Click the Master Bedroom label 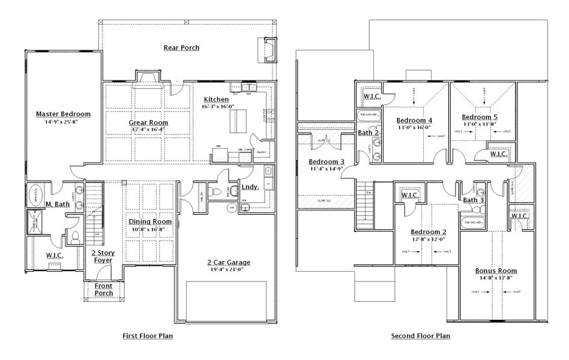click(63, 113)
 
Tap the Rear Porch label click(181, 47)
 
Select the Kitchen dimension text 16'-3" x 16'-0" click(218, 106)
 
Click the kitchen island click(238, 124)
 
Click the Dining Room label click(147, 221)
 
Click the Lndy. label click(250, 187)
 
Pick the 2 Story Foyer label click(103, 257)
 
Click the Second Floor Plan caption click(420, 336)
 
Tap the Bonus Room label click(496, 271)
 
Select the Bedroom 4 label click(415, 120)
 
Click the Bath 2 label click(369, 133)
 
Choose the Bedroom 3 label click(327, 162)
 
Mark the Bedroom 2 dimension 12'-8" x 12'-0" click(428, 239)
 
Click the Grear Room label click(148, 122)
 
